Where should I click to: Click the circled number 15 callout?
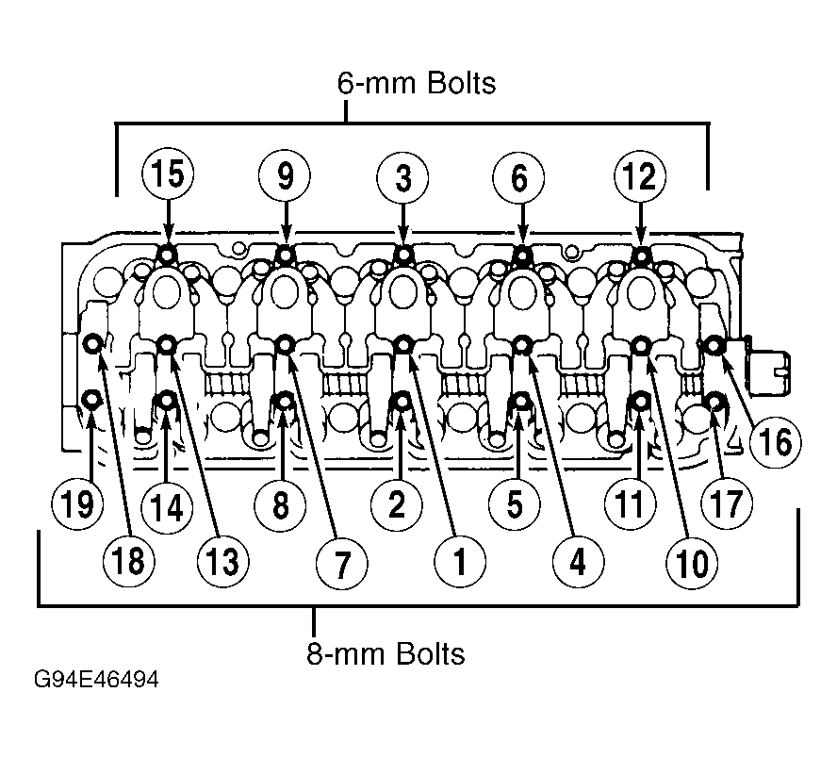[x=168, y=173]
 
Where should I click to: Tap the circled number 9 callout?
[x=285, y=174]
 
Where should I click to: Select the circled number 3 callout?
[x=402, y=176]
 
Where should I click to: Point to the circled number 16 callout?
[x=775, y=441]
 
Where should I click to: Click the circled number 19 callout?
[x=78, y=503]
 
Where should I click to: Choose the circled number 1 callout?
[x=460, y=562]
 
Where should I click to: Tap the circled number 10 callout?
[x=692, y=563]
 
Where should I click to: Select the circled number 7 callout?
[x=341, y=563]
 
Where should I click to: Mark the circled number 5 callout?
[x=515, y=503]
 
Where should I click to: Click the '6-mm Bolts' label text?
[x=417, y=83]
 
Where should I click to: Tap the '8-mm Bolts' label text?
[x=386, y=653]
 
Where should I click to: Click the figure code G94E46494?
[x=96, y=680]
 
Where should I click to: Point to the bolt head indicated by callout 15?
[x=167, y=255]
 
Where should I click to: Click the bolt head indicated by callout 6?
[x=521, y=256]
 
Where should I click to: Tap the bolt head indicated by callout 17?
[x=714, y=401]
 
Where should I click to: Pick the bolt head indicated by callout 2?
[x=402, y=401]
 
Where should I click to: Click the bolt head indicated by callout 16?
[x=714, y=346]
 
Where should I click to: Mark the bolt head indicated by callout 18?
[x=93, y=344]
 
